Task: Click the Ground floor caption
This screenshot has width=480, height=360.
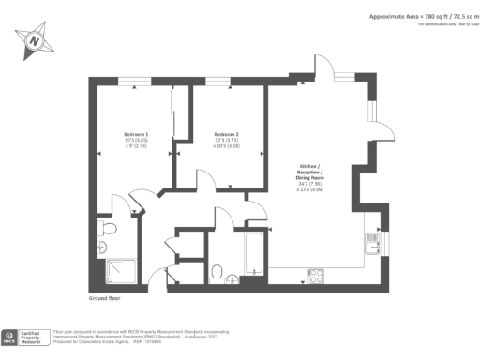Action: tap(106, 298)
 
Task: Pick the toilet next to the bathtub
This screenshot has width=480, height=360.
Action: tap(217, 272)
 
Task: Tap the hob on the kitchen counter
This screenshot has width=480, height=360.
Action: tap(316, 276)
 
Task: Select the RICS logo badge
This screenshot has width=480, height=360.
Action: tap(9, 337)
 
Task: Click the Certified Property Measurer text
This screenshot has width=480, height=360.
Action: tap(35, 337)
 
